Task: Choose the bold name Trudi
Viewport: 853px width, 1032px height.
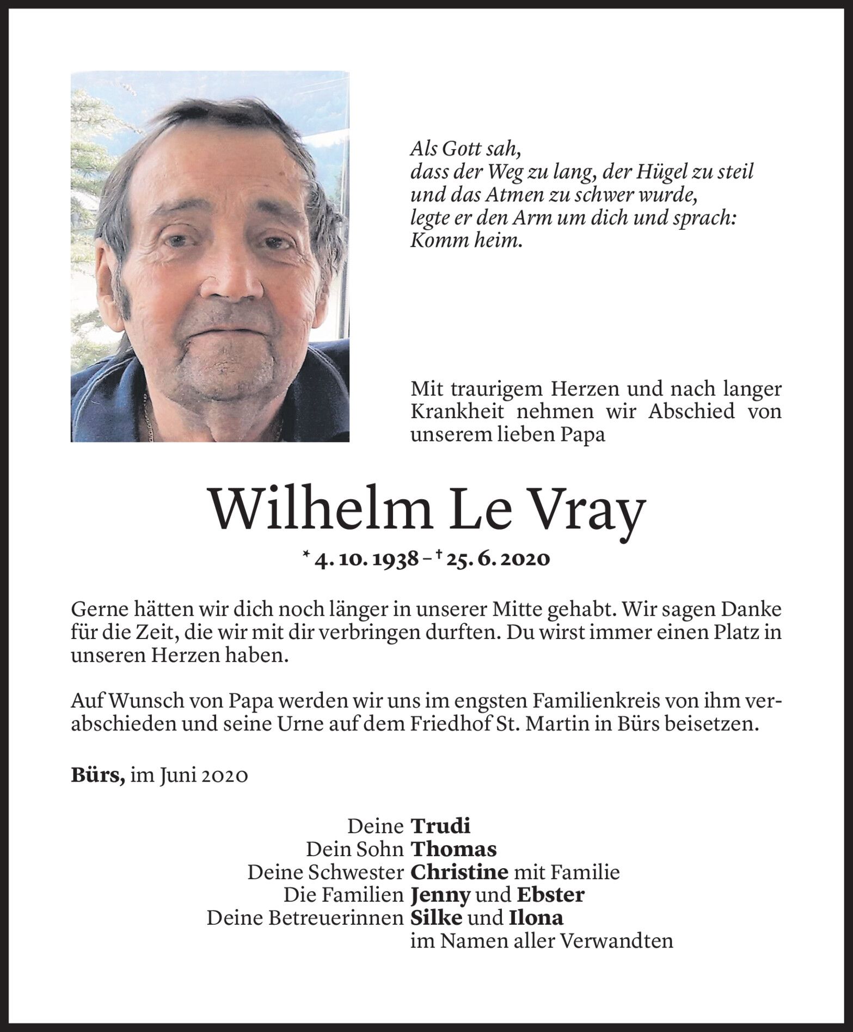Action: tap(440, 826)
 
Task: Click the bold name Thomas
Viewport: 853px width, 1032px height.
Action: tap(453, 849)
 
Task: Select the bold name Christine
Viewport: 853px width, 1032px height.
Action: tap(459, 872)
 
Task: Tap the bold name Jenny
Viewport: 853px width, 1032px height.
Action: tap(440, 895)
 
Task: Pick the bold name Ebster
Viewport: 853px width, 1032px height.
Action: tap(550, 895)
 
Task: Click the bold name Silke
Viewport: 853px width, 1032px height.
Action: tap(436, 918)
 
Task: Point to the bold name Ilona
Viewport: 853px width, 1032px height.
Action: tap(536, 918)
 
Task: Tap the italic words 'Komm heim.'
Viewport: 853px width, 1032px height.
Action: tap(466, 241)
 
